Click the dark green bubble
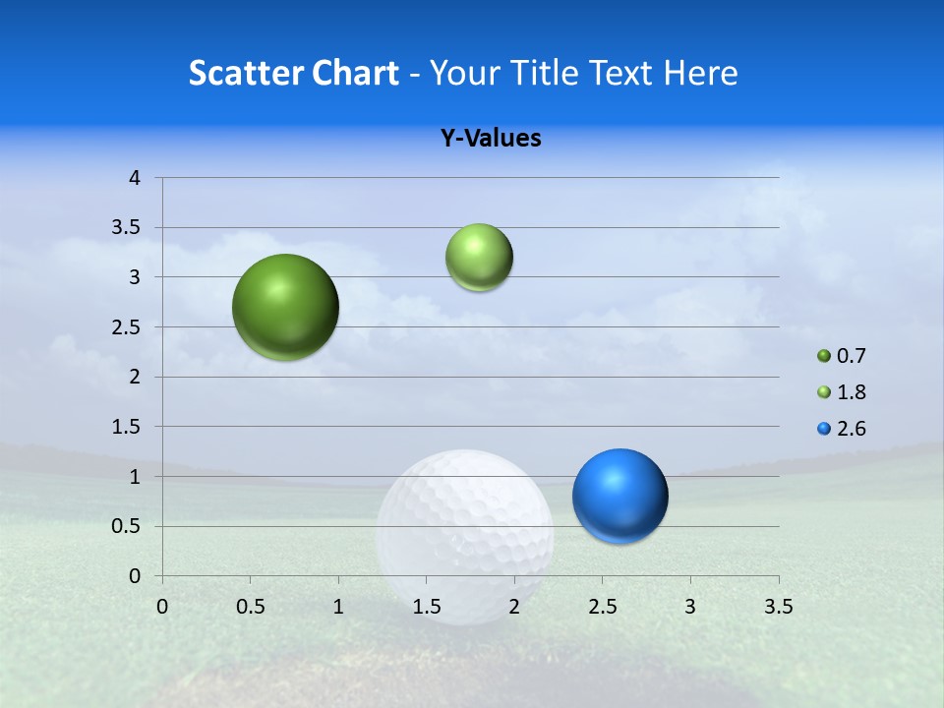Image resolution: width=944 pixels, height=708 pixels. point(285,307)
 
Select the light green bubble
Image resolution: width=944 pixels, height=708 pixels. point(479,258)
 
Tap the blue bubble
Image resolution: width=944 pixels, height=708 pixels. point(619,496)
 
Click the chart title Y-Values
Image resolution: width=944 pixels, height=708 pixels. point(491,139)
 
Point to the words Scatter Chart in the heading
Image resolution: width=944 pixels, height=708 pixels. point(293,73)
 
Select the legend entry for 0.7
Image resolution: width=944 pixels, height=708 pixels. point(842,356)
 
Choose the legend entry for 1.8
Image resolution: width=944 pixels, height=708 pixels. point(842,392)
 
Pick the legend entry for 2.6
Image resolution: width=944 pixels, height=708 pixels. point(842,429)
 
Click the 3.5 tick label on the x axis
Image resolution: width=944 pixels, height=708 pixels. point(778,606)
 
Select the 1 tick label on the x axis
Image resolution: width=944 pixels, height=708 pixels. point(338,606)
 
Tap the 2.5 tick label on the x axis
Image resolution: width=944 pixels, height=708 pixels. point(602,606)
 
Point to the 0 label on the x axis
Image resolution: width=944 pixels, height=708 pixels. point(162,606)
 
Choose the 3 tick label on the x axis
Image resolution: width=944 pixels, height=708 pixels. point(690,606)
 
